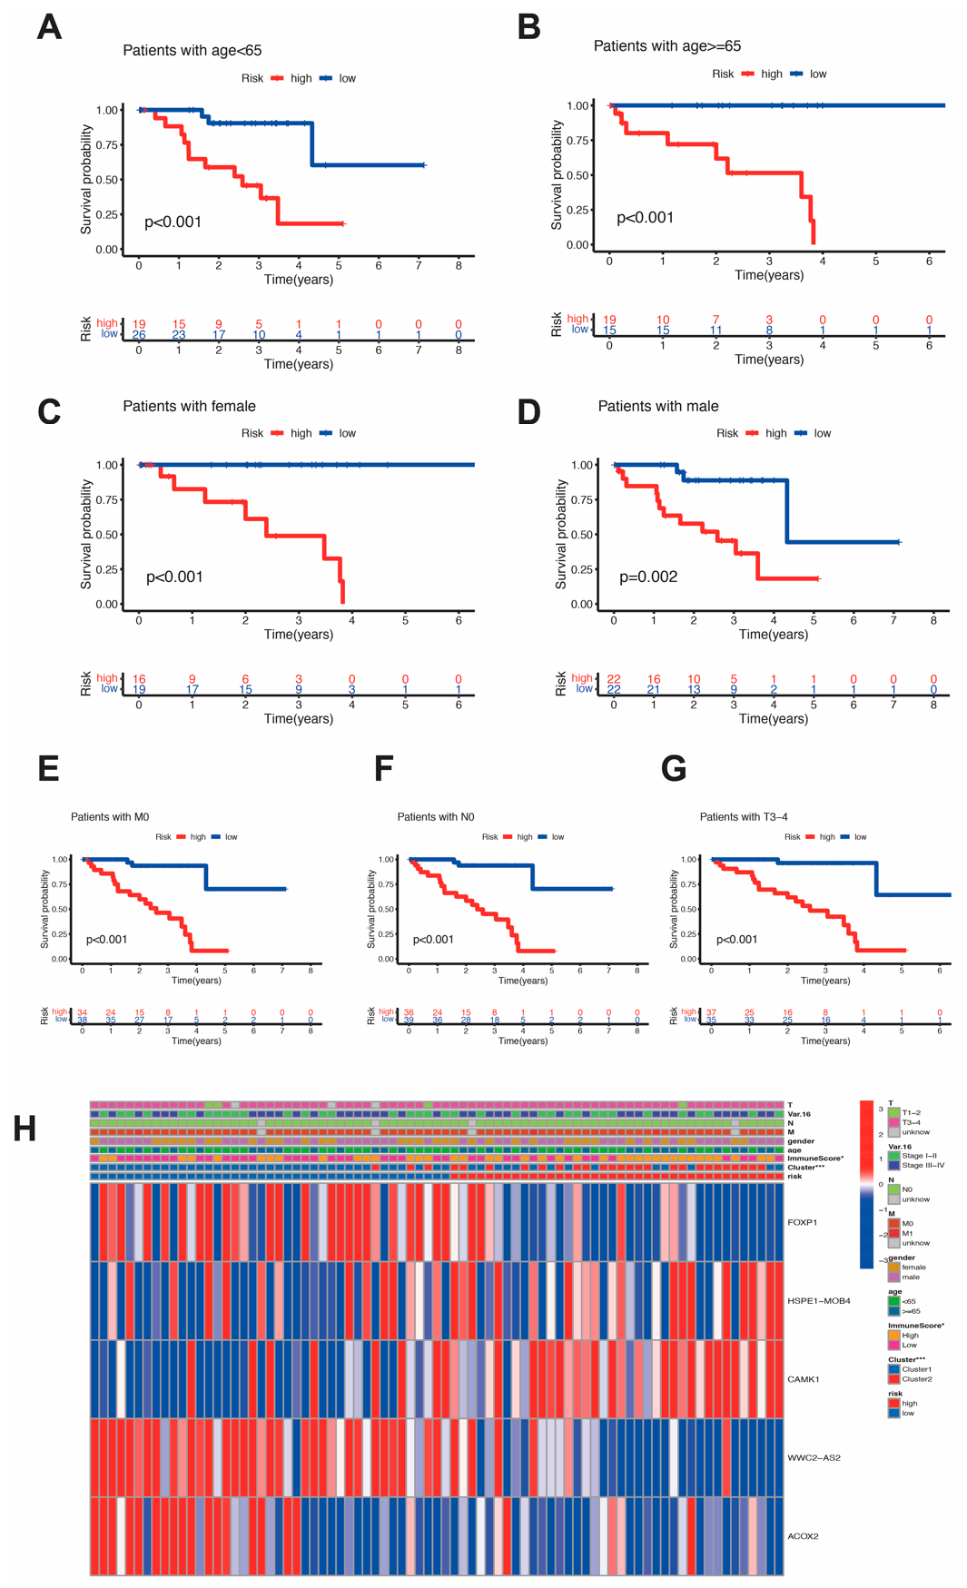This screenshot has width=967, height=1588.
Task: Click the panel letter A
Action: click(49, 27)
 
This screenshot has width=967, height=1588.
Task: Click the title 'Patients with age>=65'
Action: click(666, 45)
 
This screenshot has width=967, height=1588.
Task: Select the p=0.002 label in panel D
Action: click(647, 577)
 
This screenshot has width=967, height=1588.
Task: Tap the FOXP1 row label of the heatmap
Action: click(802, 1222)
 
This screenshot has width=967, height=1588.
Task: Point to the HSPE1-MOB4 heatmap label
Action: click(818, 1300)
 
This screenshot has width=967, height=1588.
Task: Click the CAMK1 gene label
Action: click(803, 1379)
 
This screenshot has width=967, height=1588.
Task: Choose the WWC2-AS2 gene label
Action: click(814, 1457)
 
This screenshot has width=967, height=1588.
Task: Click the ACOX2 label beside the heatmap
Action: click(803, 1536)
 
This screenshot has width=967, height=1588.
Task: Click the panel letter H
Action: click(25, 1129)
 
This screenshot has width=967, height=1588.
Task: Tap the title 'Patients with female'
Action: click(189, 406)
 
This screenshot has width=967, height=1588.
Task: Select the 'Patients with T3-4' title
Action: click(743, 817)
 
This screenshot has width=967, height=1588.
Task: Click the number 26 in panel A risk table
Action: click(139, 335)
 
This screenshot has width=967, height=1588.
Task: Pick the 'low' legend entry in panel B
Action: click(817, 74)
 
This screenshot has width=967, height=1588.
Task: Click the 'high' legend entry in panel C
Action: click(301, 433)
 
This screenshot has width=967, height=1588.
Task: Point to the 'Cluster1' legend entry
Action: click(916, 1369)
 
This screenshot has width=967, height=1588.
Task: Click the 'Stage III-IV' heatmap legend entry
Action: click(923, 1165)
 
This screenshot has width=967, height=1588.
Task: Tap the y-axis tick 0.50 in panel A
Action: click(107, 180)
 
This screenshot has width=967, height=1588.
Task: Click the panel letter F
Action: click(383, 768)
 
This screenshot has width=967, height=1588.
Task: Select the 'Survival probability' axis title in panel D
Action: click(561, 535)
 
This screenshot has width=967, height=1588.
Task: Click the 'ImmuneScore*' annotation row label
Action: click(814, 1159)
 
